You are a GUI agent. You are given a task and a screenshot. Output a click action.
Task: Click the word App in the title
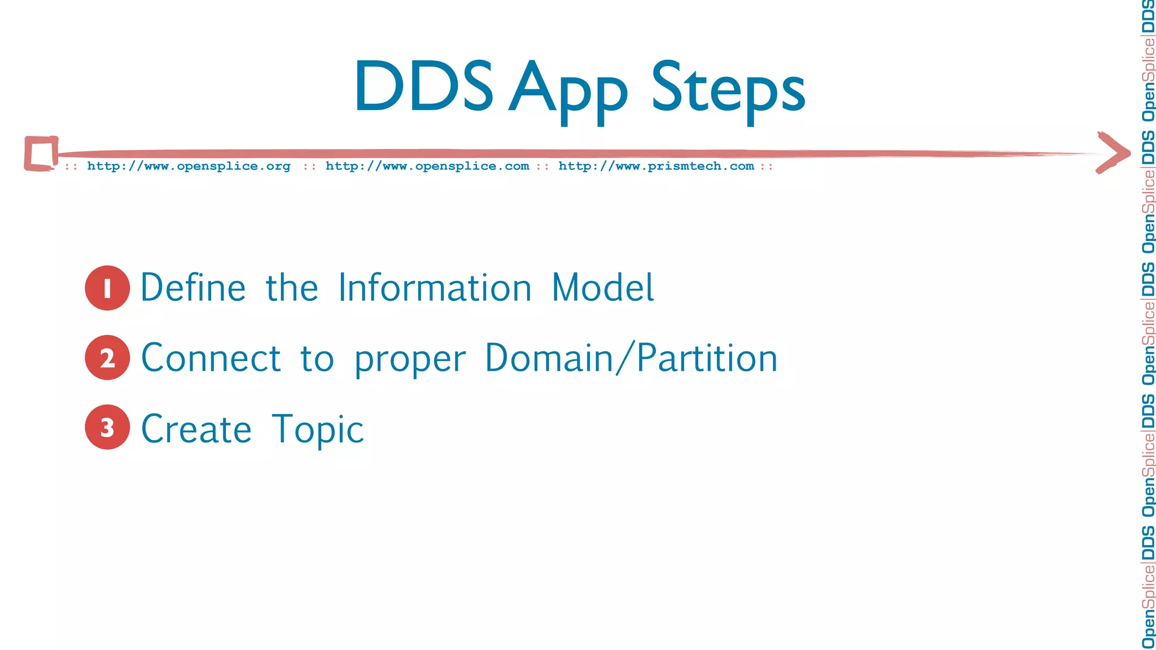click(568, 90)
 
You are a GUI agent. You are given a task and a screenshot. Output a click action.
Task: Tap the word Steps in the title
click(728, 90)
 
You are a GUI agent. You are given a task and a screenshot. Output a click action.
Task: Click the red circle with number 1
click(107, 288)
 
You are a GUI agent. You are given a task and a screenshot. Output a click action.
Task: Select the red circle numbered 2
click(107, 358)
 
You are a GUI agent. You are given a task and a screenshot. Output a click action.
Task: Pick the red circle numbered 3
click(107, 427)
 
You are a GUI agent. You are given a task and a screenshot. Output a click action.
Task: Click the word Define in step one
click(193, 288)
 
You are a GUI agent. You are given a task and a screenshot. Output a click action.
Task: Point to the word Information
click(435, 288)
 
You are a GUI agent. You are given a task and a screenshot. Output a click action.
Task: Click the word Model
click(602, 288)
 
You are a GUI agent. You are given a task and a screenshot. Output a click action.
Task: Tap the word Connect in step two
click(211, 358)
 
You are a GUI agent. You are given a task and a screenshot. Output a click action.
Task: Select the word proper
click(410, 360)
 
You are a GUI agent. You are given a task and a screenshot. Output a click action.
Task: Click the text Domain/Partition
click(631, 358)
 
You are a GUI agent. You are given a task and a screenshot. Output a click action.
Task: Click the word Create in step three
click(196, 429)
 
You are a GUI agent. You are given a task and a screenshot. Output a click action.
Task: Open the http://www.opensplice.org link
click(189, 166)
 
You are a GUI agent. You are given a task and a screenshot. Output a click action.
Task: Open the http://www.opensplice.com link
click(427, 166)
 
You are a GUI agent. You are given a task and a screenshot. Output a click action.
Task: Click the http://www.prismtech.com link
click(656, 166)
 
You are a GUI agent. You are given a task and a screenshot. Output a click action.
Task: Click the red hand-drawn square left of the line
click(41, 153)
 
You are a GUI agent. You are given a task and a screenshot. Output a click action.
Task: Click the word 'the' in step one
click(292, 288)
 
